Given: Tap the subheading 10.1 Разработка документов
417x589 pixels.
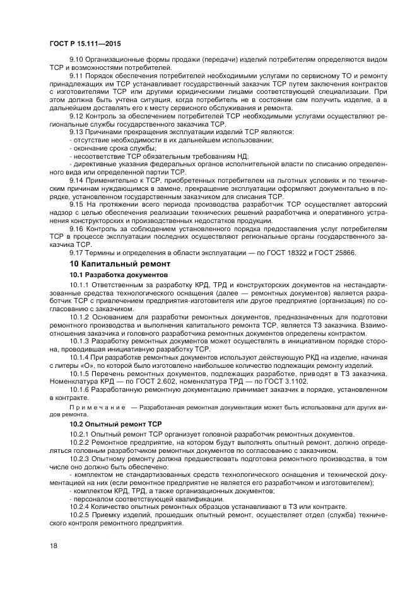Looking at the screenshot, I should tap(119, 275).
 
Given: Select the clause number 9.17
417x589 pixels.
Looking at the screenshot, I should tap(77, 253).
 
